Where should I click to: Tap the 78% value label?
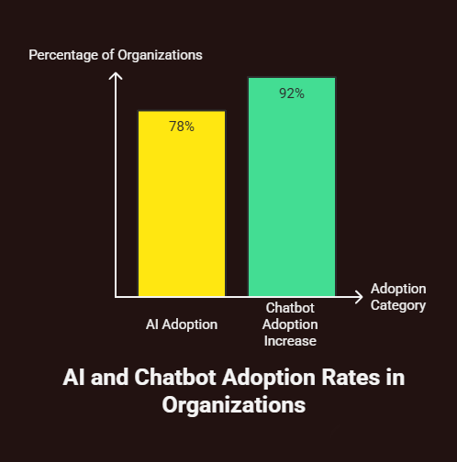click(x=182, y=126)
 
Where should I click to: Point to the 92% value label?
click(x=292, y=93)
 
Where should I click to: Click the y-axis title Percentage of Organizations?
click(x=116, y=55)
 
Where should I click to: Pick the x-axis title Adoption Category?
click(x=398, y=297)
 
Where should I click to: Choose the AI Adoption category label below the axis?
click(x=182, y=324)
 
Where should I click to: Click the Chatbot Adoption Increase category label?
click(x=290, y=324)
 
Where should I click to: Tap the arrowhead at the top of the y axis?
click(x=116, y=75)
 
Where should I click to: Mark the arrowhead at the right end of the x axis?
click(x=358, y=296)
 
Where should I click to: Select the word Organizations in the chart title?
click(x=233, y=404)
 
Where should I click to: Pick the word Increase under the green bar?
click(x=290, y=340)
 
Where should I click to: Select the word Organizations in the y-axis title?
click(x=162, y=55)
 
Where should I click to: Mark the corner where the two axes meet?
click(x=116, y=296)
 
